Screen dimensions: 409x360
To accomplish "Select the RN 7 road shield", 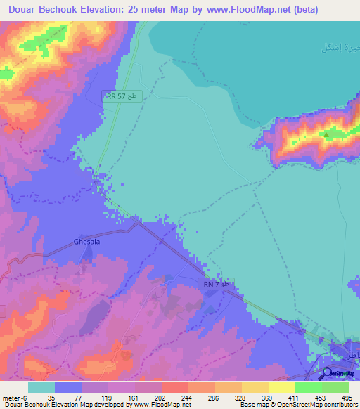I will click(x=218, y=285).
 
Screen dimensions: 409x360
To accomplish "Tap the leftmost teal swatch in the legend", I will click(x=41, y=387).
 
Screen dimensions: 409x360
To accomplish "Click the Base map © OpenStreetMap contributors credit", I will click(x=298, y=405).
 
